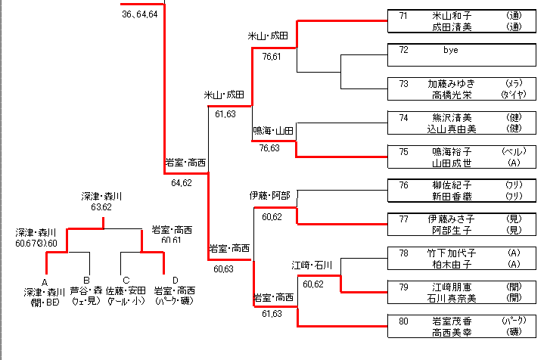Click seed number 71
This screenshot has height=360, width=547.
click(x=404, y=14)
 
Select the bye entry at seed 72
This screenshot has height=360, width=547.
click(x=451, y=50)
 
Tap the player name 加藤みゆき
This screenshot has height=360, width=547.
click(x=452, y=83)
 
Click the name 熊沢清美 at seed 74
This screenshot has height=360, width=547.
click(x=452, y=117)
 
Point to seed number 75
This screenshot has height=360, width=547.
click(x=404, y=151)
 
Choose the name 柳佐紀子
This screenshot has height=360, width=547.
click(x=452, y=185)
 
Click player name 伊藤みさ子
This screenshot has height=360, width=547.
click(x=452, y=219)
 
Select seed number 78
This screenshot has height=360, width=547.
click(x=404, y=253)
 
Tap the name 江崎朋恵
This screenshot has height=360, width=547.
click(x=452, y=287)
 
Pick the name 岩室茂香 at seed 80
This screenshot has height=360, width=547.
click(x=452, y=321)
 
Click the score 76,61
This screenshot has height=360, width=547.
click(x=271, y=57)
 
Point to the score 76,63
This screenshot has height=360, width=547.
click(x=269, y=148)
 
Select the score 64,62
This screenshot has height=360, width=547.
click(x=182, y=182)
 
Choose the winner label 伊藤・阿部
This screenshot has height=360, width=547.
click(x=270, y=195)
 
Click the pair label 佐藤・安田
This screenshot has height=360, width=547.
click(x=126, y=291)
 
